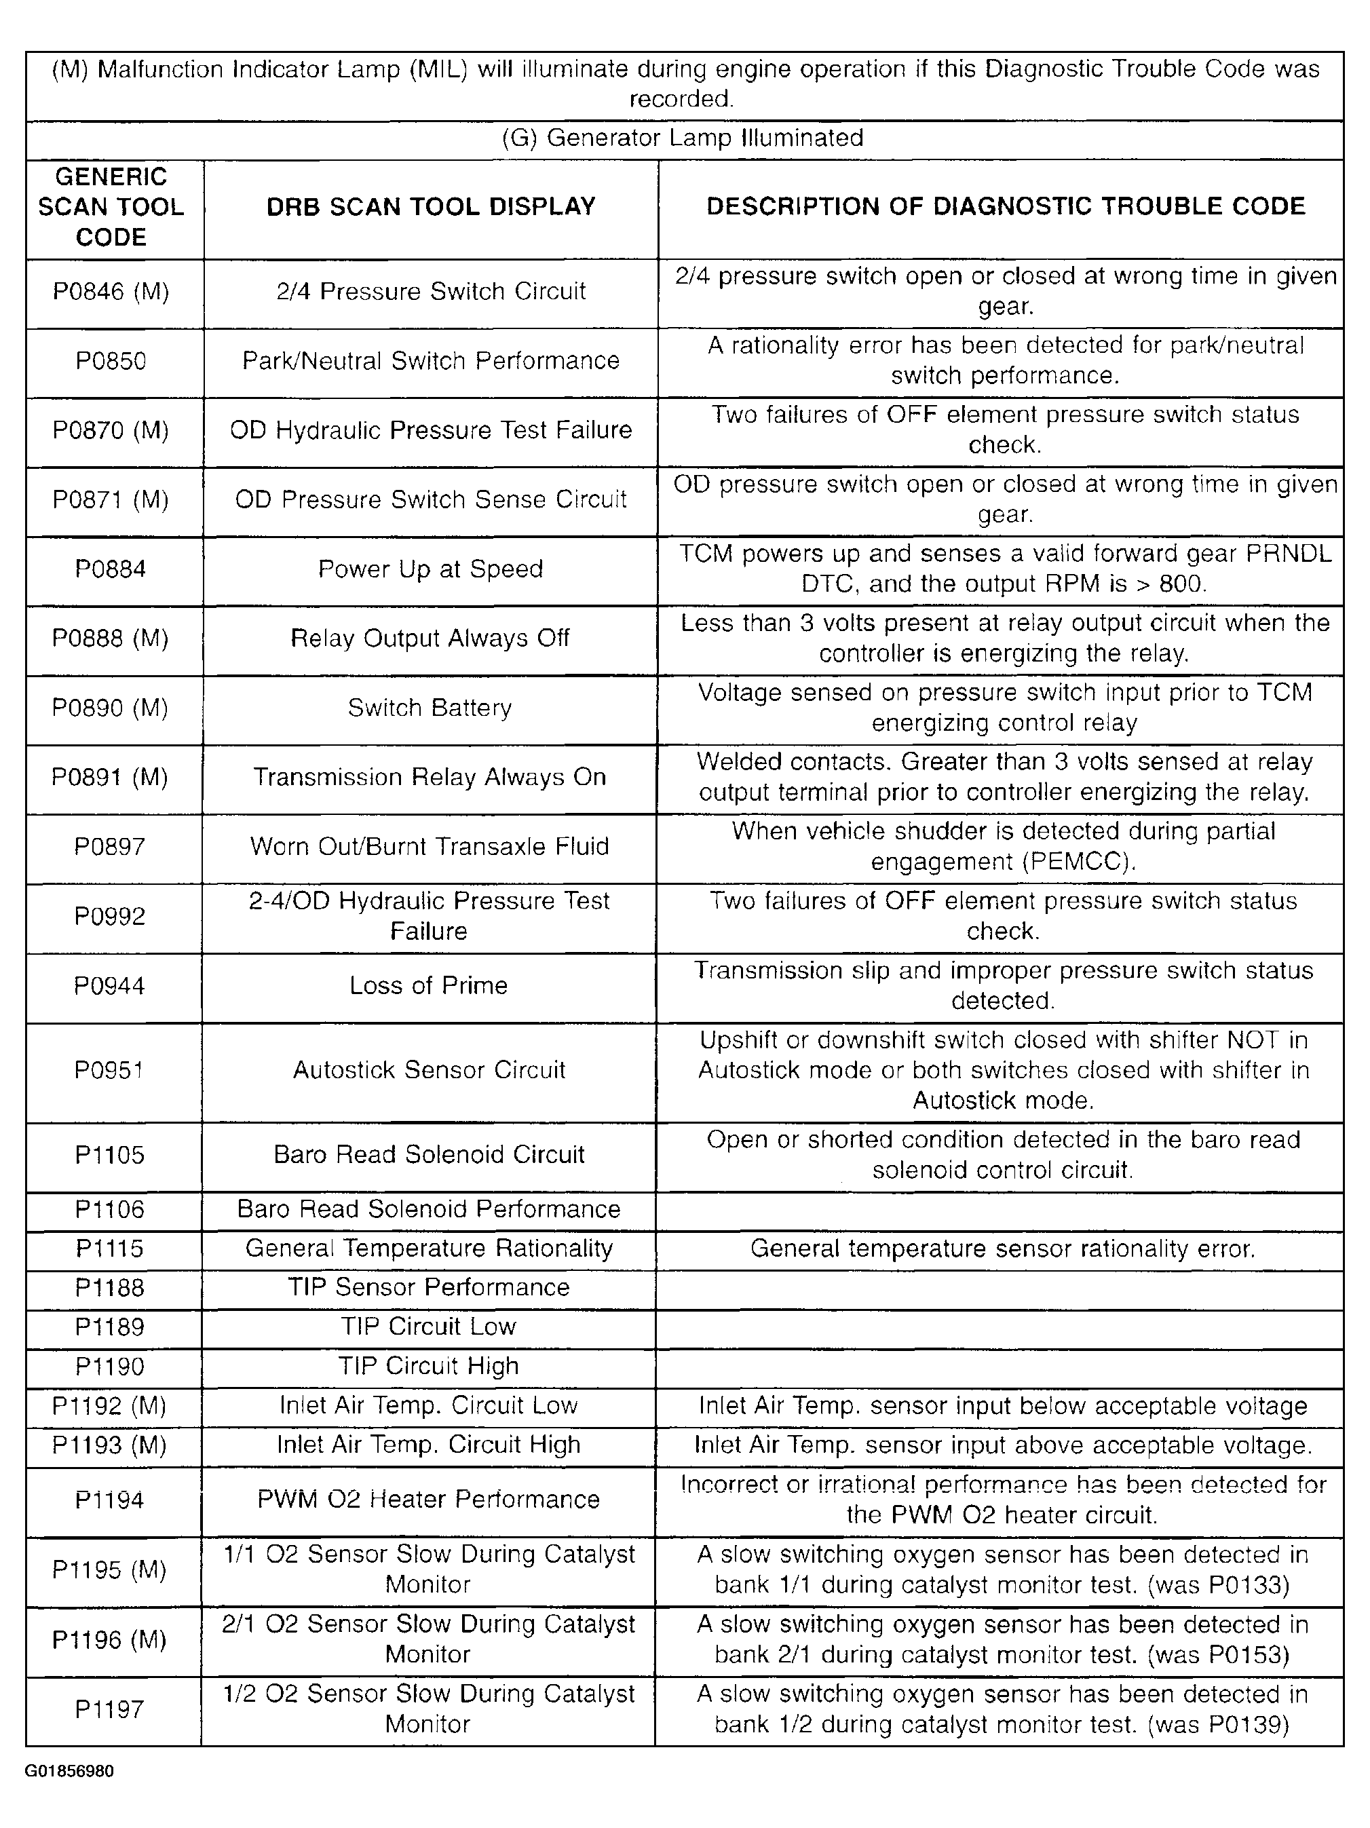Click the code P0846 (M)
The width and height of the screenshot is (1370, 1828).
(111, 292)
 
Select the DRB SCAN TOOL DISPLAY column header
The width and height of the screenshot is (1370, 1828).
(430, 206)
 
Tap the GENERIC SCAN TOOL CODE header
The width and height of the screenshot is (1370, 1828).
(111, 206)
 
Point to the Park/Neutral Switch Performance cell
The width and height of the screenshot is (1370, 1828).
(430, 361)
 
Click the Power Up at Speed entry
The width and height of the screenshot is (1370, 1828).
(430, 569)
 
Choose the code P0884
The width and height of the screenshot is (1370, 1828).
(111, 569)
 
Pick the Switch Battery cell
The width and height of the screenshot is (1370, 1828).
(430, 708)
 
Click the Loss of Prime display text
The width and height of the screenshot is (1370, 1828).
(428, 986)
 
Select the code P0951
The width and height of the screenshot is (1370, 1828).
(109, 1070)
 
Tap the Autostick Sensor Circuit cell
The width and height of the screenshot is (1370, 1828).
(429, 1070)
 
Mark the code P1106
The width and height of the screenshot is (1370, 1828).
(110, 1210)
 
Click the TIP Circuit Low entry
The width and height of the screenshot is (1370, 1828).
(428, 1327)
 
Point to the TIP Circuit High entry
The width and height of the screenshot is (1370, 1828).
(428, 1366)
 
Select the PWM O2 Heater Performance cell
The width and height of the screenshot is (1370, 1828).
(428, 1499)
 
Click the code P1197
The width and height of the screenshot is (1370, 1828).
(110, 1709)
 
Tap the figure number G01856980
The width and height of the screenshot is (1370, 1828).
(69, 1771)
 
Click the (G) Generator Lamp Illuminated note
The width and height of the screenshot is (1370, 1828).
(683, 138)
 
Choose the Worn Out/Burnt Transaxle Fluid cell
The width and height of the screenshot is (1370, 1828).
(430, 847)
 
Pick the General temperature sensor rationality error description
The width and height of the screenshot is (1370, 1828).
(1002, 1249)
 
